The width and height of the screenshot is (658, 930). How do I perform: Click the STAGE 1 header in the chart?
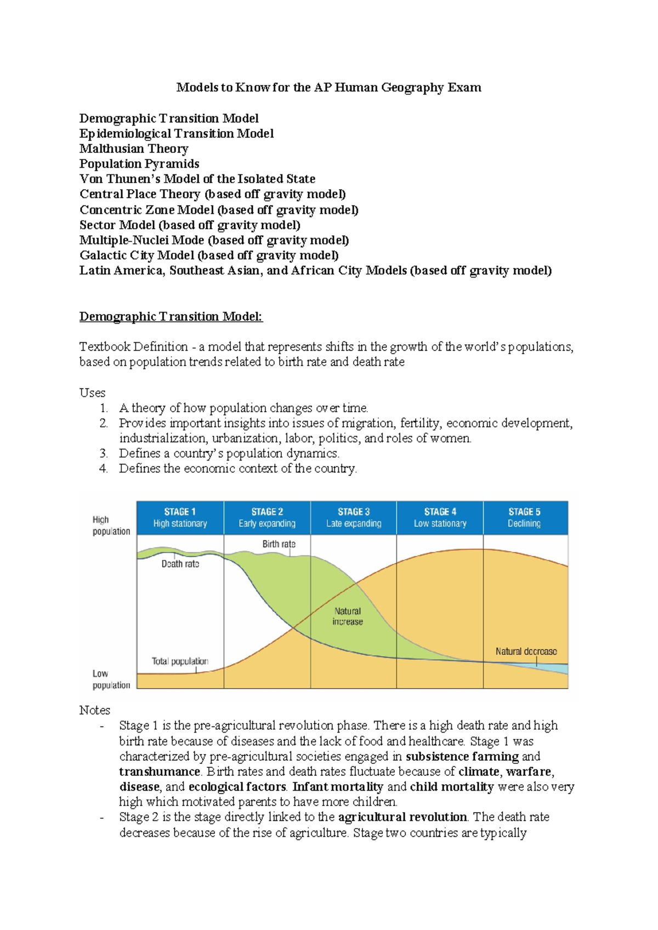[180, 517]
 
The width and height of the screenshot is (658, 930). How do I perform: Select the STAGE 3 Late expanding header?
[354, 517]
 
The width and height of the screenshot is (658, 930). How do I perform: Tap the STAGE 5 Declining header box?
[525, 517]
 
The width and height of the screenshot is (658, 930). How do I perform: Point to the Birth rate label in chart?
[279, 544]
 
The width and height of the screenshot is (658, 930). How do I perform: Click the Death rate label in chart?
[180, 564]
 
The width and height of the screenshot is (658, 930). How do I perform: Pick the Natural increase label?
[348, 616]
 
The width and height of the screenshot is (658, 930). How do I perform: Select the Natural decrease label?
[526, 651]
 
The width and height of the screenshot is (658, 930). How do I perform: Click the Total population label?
[180, 661]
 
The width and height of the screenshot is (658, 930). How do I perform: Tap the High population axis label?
[111, 525]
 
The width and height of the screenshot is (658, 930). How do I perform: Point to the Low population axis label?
[111, 679]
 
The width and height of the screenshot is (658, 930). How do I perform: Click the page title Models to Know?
[328, 88]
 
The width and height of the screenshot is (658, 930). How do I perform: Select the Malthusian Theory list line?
[134, 149]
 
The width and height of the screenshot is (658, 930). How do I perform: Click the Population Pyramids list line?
[139, 164]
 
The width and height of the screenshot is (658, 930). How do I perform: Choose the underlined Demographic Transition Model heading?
[171, 316]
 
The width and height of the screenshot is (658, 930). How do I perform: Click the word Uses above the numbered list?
[92, 393]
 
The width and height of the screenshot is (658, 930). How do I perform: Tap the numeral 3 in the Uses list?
[103, 453]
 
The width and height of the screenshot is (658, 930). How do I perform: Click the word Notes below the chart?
[94, 710]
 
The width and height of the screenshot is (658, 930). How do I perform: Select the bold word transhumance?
[160, 772]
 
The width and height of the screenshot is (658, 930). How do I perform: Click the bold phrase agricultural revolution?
[402, 817]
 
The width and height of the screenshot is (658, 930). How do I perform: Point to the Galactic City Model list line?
[209, 256]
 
